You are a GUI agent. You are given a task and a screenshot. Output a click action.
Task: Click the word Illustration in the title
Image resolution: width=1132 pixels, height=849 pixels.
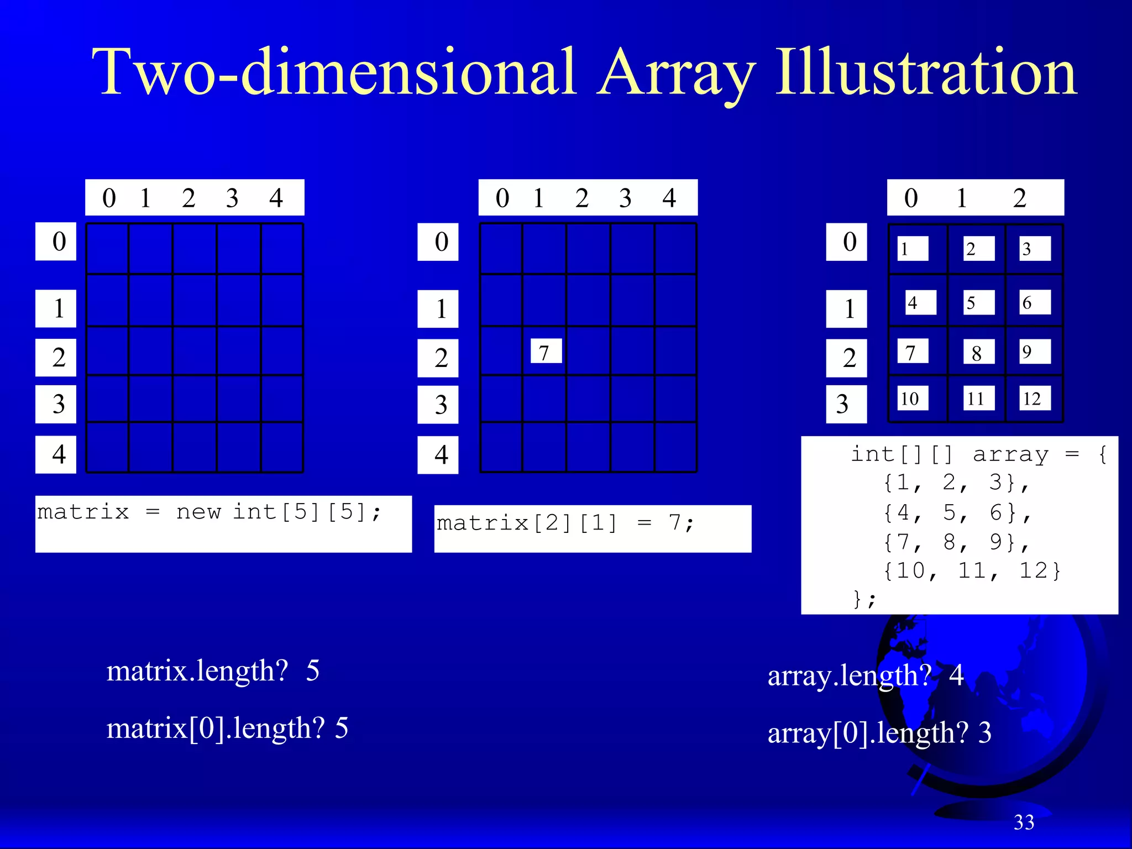[926, 73]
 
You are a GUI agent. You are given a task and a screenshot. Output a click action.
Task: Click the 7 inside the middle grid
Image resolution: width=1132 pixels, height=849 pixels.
[546, 352]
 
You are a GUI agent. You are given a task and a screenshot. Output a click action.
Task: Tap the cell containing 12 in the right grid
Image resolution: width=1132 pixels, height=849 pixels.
[1034, 399]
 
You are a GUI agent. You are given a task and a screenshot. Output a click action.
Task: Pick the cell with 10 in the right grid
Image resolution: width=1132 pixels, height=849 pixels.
[912, 399]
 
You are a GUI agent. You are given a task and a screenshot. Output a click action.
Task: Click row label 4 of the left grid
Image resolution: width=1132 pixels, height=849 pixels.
[56, 454]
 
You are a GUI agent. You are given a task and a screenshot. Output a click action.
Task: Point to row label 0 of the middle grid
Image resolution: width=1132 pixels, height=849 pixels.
[438, 242]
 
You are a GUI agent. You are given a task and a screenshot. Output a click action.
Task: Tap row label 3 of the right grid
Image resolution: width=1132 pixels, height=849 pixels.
[846, 404]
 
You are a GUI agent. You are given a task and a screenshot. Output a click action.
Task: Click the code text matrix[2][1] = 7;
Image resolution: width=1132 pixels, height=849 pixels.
[565, 523]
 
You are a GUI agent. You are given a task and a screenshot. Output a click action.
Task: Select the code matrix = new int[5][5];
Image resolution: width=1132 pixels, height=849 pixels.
[209, 512]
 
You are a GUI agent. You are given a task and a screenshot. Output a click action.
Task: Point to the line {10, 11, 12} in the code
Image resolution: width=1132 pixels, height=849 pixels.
[971, 571]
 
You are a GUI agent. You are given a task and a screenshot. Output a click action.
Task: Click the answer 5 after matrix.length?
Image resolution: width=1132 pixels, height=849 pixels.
[313, 671]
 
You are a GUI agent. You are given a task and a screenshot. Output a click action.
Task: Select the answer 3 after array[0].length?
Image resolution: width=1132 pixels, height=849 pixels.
[985, 733]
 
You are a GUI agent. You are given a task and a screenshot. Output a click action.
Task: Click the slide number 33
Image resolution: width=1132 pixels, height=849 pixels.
[1024, 822]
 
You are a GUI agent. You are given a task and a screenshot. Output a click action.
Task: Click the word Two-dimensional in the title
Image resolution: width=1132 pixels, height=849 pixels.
[335, 73]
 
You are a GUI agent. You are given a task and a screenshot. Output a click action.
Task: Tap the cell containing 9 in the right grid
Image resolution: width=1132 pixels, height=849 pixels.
[1034, 352]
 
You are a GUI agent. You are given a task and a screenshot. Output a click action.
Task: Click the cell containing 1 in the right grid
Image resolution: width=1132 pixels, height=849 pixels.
[912, 249]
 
